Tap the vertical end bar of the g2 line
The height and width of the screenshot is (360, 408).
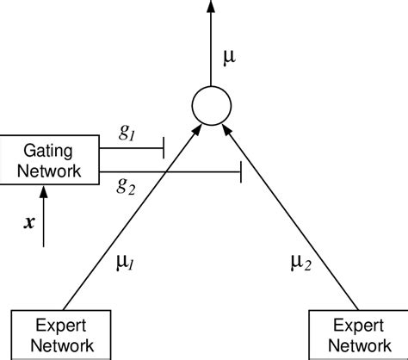[x=239, y=172]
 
